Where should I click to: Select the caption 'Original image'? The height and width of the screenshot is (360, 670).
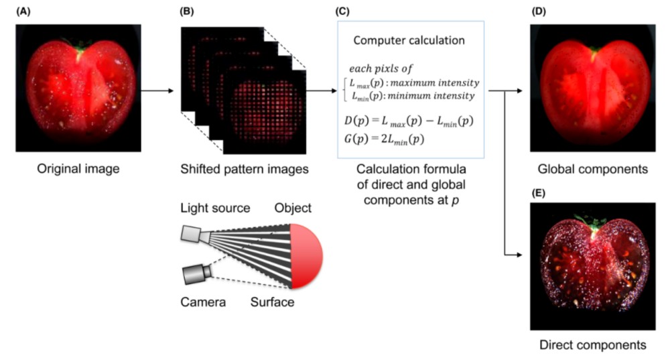tap(78, 169)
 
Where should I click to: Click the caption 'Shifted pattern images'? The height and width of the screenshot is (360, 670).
tap(244, 169)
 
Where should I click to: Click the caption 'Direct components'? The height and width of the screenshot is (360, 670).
tap(593, 345)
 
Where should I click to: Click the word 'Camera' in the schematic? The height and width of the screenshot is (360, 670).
tap(203, 302)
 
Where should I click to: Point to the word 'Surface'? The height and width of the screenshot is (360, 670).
tap(272, 302)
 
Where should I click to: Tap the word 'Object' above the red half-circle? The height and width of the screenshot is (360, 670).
tap(292, 208)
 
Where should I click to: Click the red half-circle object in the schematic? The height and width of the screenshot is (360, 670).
tap(307, 255)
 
